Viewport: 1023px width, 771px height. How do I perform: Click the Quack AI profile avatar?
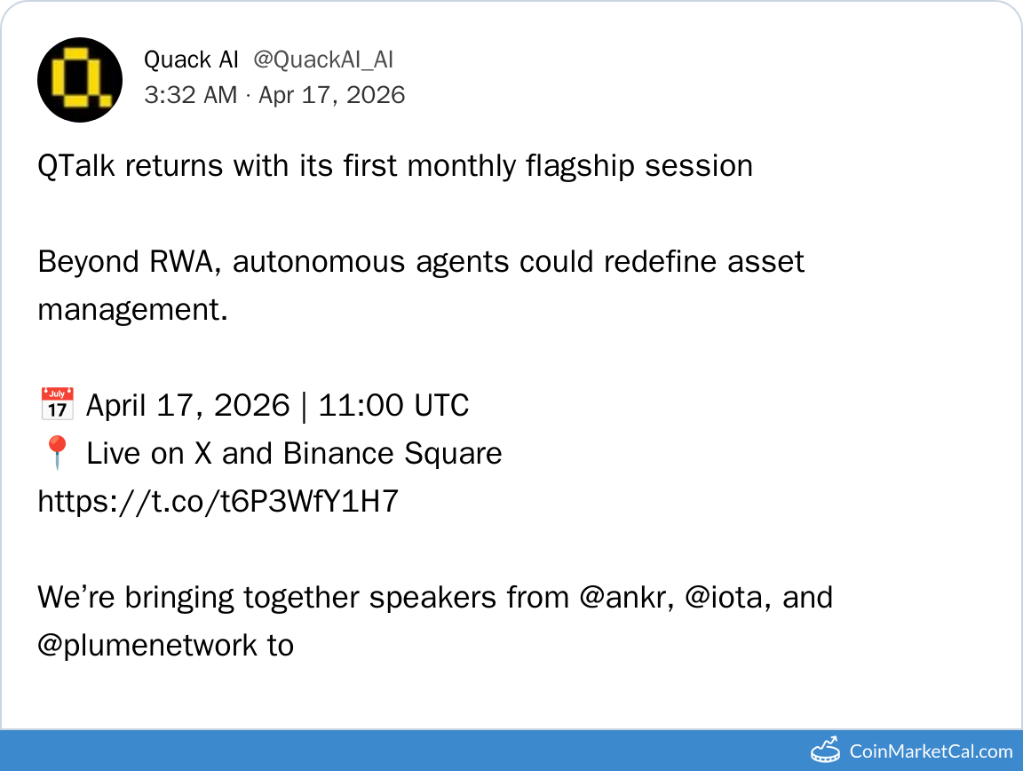point(80,80)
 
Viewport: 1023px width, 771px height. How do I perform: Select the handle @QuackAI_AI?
point(323,60)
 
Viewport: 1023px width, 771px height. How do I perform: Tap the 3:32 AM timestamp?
point(191,95)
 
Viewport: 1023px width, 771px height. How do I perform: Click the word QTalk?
point(76,166)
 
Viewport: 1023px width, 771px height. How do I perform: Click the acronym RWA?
point(181,262)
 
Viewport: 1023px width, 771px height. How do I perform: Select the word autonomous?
point(319,262)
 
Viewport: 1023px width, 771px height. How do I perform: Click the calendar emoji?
point(58,402)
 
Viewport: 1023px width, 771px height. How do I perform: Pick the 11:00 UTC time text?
point(393,405)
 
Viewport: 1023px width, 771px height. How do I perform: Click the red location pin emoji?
point(57,452)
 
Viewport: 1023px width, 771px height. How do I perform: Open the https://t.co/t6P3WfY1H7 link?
point(218,501)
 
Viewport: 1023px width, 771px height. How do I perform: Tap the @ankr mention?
point(626,597)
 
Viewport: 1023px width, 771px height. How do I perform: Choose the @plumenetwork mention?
point(147,646)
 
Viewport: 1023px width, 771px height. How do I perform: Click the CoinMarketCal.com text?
point(931,751)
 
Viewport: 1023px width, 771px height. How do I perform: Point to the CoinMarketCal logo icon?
point(825,750)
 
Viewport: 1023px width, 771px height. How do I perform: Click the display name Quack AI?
point(191,60)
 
